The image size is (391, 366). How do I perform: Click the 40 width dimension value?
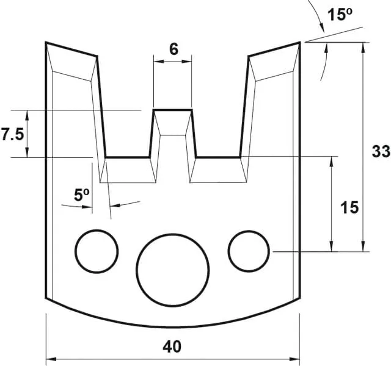point(173,346)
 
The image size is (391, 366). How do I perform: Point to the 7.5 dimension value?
point(12,135)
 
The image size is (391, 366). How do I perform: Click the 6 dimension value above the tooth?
point(174,49)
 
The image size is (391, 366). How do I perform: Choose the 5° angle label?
point(82,195)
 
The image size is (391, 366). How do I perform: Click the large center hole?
point(173,268)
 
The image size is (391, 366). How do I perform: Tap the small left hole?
point(97,251)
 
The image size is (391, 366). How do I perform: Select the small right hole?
point(249,251)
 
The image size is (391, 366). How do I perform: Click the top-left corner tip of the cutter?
point(46,42)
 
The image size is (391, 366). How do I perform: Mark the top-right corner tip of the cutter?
point(300,42)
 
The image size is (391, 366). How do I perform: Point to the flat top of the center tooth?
point(173,110)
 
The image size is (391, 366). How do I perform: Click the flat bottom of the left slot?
point(128,157)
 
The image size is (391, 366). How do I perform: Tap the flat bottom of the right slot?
point(217,157)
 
